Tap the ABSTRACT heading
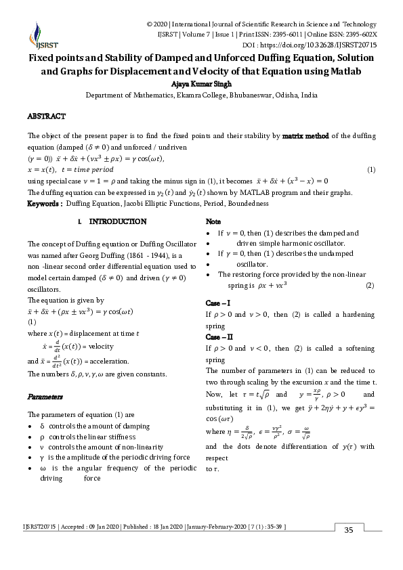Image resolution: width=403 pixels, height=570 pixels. point(46,116)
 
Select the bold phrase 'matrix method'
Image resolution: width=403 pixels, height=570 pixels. point(305,136)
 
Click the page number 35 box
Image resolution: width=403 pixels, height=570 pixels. point(349,529)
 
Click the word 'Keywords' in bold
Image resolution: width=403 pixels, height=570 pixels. point(44,203)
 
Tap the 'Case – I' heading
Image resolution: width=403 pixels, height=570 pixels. point(219,303)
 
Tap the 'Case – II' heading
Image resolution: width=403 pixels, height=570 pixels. point(219,336)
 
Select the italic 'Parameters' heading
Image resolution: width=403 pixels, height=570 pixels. point(45,395)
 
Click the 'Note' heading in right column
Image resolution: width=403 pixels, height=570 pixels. point(213,222)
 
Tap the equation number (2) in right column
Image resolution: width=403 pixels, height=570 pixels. point(369,286)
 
